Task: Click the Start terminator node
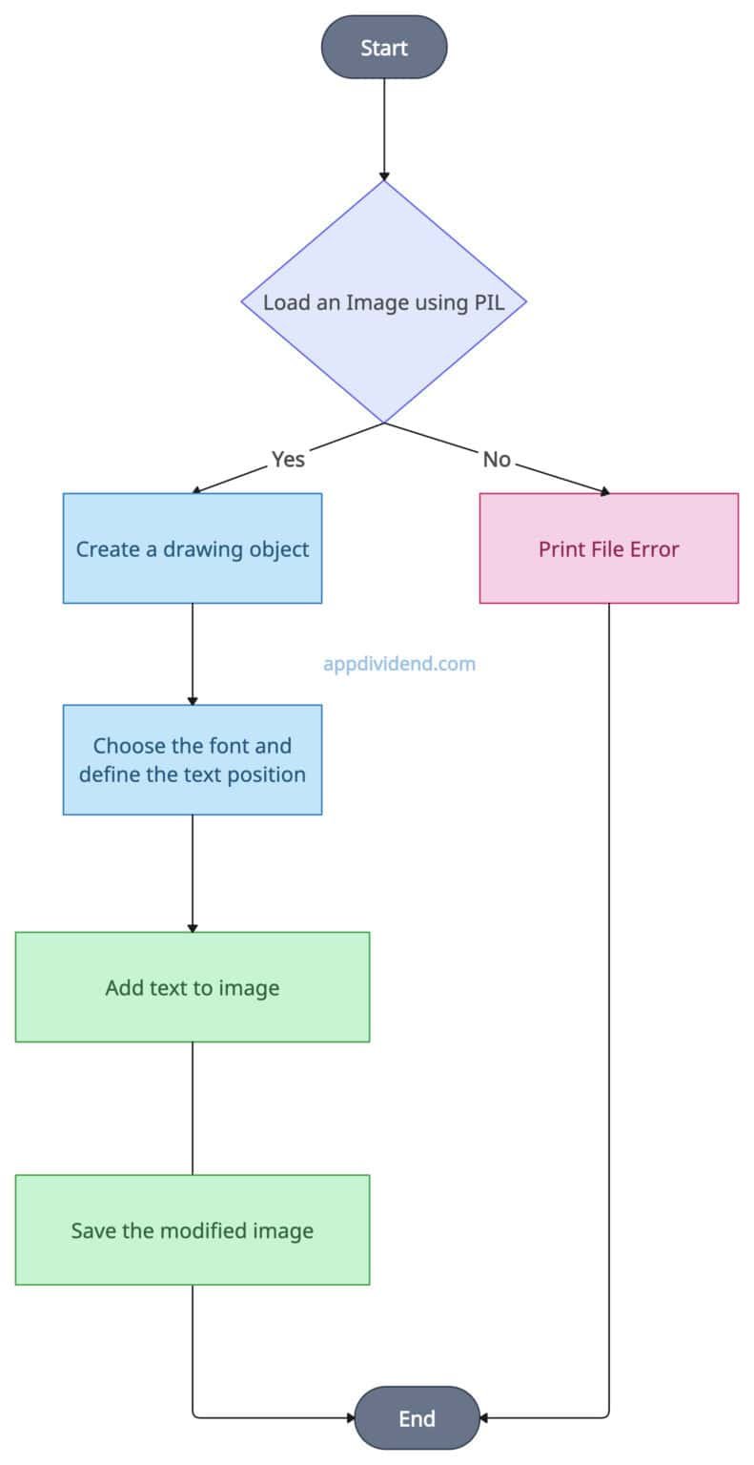(384, 47)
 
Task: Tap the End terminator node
(417, 1417)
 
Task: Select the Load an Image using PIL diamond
(384, 302)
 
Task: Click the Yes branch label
(288, 459)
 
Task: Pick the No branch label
(497, 459)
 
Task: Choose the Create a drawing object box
(193, 548)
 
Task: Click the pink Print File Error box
(608, 548)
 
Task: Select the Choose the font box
(193, 759)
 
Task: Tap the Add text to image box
(193, 987)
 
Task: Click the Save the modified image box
(193, 1229)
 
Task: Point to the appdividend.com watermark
(398, 664)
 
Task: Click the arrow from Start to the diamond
(384, 129)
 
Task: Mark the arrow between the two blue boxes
(193, 653)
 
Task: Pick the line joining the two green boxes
(193, 1107)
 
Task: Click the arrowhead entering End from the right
(484, 1417)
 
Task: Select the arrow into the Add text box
(193, 873)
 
